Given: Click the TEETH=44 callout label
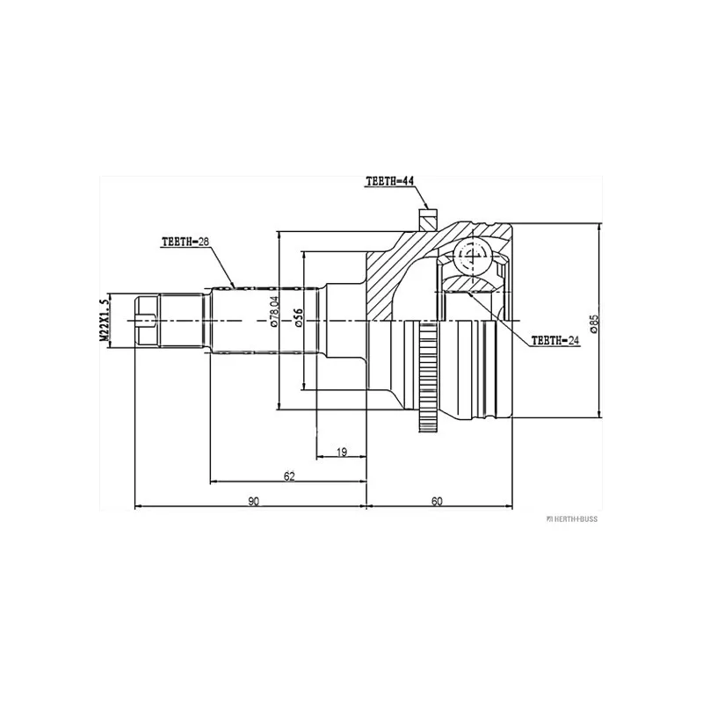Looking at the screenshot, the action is click(389, 181).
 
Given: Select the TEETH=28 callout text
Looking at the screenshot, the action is click(185, 242).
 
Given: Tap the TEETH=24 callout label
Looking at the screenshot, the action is click(555, 341).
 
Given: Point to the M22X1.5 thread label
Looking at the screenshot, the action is click(104, 320).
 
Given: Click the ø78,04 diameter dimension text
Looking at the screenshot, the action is click(274, 311).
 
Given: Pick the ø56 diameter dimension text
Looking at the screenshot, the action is click(299, 317).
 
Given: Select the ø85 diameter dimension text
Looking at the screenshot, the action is click(594, 323).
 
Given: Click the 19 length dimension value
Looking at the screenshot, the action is click(342, 452).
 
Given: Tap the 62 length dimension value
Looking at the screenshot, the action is click(290, 476).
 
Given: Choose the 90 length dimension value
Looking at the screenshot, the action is click(254, 501).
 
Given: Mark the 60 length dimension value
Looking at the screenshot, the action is click(437, 501).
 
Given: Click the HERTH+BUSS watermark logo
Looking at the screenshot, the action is click(572, 519).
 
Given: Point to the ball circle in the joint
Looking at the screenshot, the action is click(472, 257).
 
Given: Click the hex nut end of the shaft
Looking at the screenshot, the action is click(147, 320).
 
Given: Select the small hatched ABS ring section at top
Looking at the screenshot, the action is click(427, 219).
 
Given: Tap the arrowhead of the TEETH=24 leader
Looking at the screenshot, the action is click(471, 295).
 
